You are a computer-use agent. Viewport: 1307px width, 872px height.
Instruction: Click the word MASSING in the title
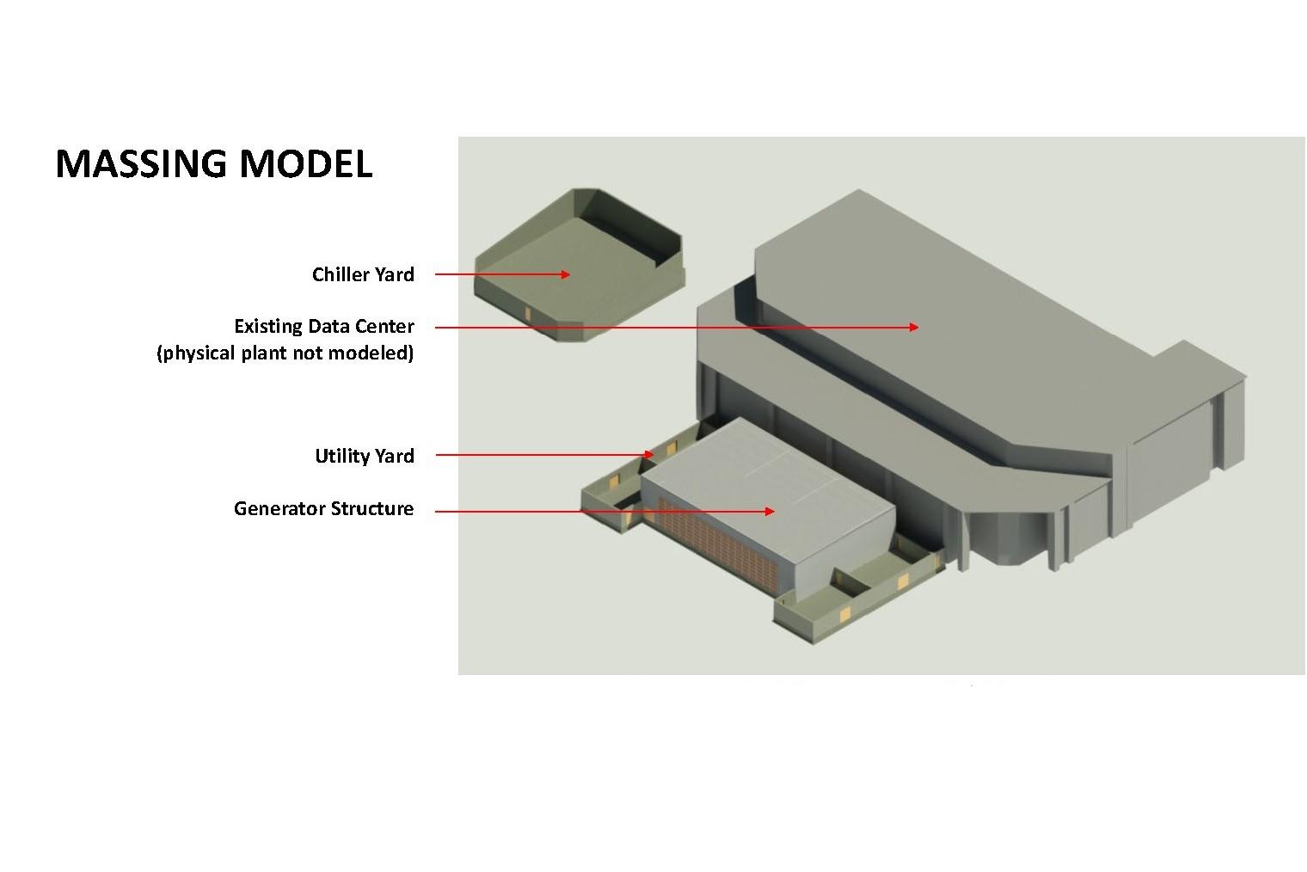pos(141,163)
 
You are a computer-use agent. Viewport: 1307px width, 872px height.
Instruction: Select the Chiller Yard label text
pos(363,274)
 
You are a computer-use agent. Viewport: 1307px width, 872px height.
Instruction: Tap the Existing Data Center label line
pos(323,327)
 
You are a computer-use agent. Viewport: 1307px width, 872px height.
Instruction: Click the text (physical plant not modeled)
pos(285,353)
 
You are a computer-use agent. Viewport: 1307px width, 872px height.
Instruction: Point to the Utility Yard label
pos(364,456)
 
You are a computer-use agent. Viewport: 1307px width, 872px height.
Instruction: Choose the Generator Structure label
pos(323,508)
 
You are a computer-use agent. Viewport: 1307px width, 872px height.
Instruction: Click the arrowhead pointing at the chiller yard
pos(564,274)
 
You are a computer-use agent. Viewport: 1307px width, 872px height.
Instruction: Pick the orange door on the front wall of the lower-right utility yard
pos(844,613)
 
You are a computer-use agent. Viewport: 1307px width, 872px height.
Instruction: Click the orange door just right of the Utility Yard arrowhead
pos(672,448)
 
